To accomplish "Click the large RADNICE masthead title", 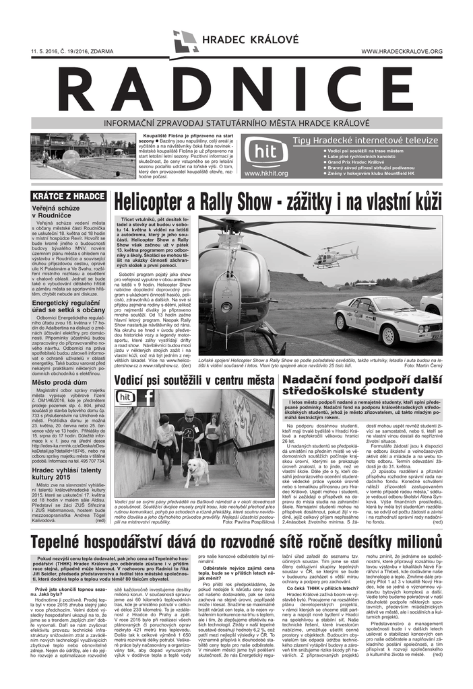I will click(x=236, y=89).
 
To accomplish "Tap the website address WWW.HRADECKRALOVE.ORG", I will click(x=402, y=52).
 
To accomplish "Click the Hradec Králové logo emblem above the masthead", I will click(x=185, y=41).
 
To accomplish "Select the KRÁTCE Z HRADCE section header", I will click(x=69, y=196).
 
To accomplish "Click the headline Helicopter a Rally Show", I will click(x=278, y=201).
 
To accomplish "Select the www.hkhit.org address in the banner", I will click(x=266, y=173).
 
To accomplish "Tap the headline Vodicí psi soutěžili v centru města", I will click(x=194, y=381).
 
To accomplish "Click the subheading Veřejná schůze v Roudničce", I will click(x=60, y=213).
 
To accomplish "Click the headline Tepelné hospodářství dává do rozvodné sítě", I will click(x=236, y=542).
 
